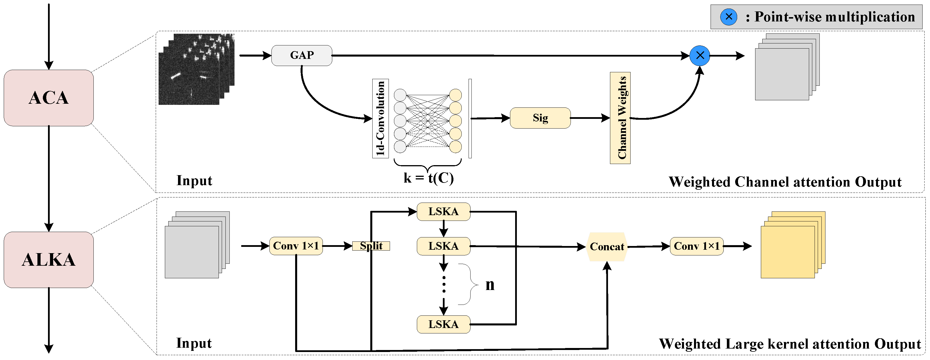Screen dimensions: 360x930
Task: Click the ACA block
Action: click(x=49, y=98)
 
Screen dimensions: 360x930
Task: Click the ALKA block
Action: click(x=49, y=260)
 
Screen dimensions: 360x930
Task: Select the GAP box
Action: click(x=301, y=55)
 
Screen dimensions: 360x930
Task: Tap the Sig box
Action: click(x=540, y=118)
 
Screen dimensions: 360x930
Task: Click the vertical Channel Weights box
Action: click(x=620, y=118)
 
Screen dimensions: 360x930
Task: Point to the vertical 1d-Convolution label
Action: click(x=380, y=119)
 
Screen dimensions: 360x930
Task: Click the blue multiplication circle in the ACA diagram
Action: click(x=699, y=56)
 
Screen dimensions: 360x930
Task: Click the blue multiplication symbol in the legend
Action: click(x=729, y=17)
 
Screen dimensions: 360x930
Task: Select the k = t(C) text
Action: click(x=428, y=178)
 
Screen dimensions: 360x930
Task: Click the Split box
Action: click(x=371, y=246)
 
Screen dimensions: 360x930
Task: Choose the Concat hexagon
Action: click(x=607, y=247)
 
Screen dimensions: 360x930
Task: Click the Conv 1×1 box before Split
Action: click(x=296, y=246)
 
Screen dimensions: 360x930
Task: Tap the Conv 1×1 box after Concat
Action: click(x=696, y=246)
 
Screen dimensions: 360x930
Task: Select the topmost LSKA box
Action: click(x=443, y=212)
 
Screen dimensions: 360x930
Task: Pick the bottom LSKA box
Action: click(x=443, y=324)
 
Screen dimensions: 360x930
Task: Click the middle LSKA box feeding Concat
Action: click(x=443, y=246)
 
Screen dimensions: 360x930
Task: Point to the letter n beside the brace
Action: click(x=489, y=285)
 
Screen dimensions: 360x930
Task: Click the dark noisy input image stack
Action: click(x=195, y=70)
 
